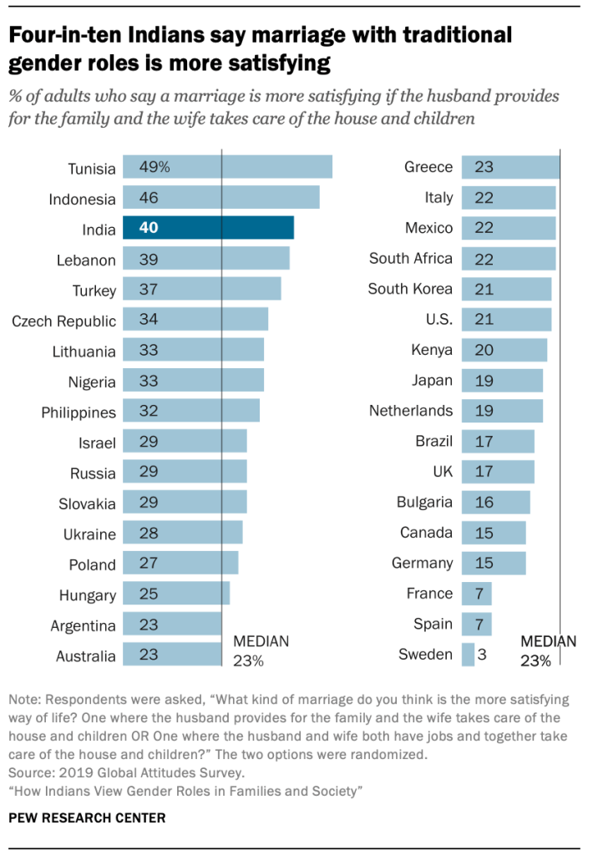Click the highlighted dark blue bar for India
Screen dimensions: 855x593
(x=208, y=228)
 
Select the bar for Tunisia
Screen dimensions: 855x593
(x=227, y=167)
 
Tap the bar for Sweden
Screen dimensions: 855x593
(x=468, y=654)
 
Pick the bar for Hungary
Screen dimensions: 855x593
(x=175, y=594)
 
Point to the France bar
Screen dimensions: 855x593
(x=476, y=594)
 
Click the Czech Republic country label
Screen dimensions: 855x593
(x=63, y=321)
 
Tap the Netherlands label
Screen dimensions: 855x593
(x=411, y=411)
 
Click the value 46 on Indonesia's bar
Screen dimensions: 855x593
(x=150, y=198)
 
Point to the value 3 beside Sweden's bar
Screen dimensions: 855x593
(x=482, y=654)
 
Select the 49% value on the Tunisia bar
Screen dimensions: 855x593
(x=155, y=167)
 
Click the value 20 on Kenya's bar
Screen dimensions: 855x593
(x=484, y=350)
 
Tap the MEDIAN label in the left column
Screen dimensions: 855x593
(x=261, y=641)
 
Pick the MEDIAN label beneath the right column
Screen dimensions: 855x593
(x=548, y=641)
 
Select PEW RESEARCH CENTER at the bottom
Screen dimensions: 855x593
(x=87, y=817)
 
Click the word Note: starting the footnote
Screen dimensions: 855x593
(x=26, y=700)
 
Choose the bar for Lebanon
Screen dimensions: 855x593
(x=205, y=259)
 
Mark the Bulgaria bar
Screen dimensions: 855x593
(x=495, y=502)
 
